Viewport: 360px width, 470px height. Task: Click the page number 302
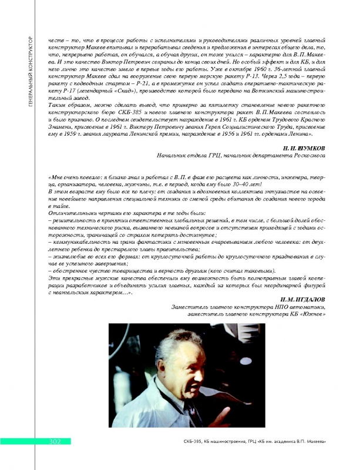click(x=49, y=442)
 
